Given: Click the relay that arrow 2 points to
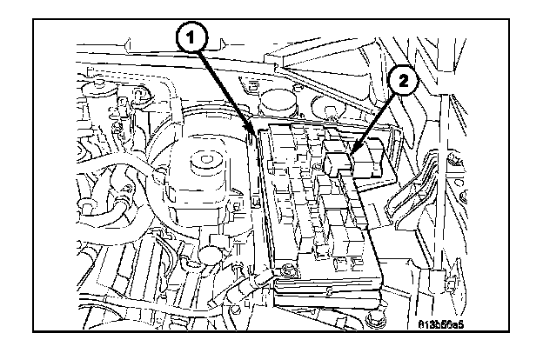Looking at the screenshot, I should coord(341,163).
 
